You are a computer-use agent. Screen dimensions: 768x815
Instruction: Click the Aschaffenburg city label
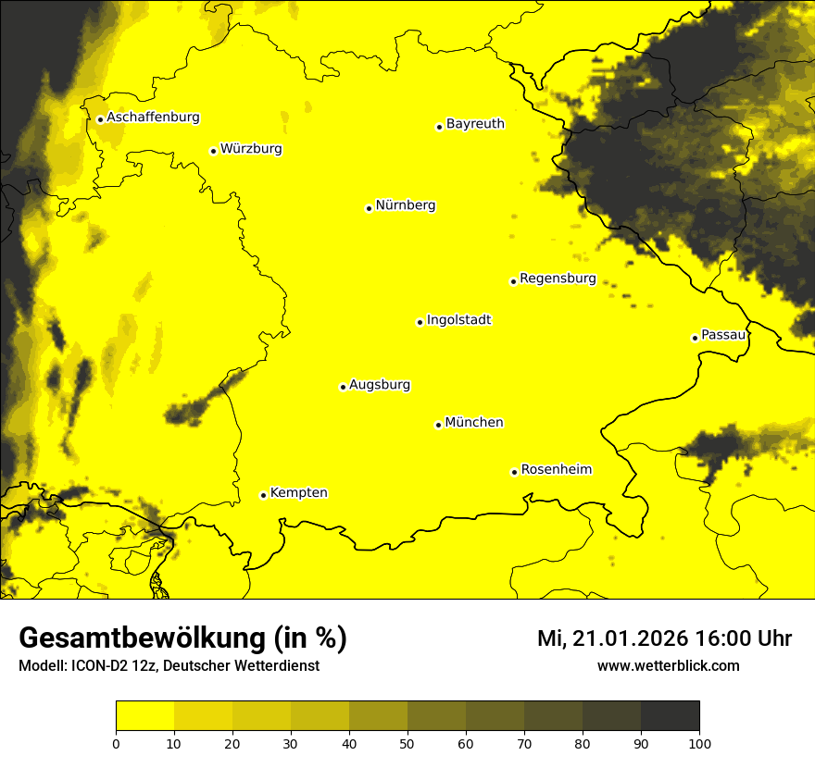[x=153, y=118]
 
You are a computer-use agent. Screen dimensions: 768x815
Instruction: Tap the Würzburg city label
[x=251, y=149]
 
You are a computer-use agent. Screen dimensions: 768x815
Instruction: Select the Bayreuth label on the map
[x=475, y=124]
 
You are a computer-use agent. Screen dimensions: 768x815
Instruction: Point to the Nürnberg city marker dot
[x=369, y=208]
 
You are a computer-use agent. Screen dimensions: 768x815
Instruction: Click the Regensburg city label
[x=558, y=279]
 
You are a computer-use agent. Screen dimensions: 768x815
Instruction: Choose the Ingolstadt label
[x=458, y=320]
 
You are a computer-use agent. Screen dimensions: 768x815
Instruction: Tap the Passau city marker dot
[x=695, y=338]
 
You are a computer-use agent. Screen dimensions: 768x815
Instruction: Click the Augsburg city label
[x=380, y=385]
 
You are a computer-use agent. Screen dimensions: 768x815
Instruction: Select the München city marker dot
[x=438, y=425]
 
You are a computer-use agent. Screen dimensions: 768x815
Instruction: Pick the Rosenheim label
[x=556, y=470]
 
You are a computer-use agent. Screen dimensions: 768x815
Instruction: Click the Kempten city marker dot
[x=263, y=495]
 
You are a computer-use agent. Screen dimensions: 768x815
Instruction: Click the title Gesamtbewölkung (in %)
[x=182, y=638]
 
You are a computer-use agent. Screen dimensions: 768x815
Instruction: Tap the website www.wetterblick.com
[x=668, y=666]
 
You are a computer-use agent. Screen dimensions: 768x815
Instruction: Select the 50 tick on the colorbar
[x=407, y=743]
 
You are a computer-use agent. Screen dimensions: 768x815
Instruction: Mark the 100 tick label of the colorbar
[x=699, y=743]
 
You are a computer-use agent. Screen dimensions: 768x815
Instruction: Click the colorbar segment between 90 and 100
[x=670, y=716]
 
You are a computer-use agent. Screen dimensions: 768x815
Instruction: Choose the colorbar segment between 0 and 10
[x=144, y=716]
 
